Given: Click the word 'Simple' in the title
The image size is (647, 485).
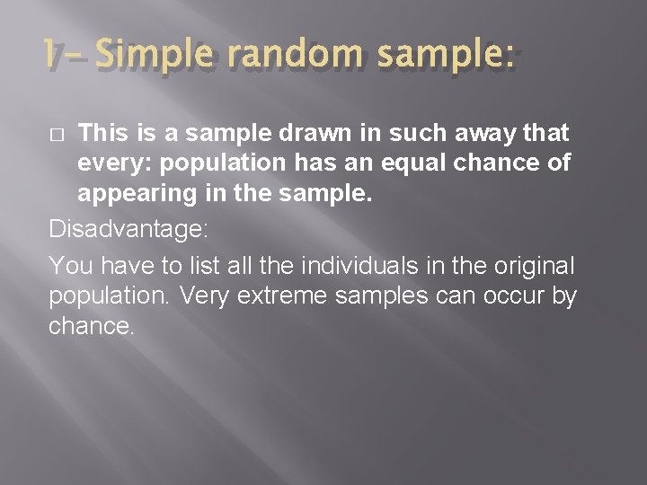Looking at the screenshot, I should tap(158, 59).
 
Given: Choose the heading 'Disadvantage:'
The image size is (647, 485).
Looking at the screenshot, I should tap(129, 230).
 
